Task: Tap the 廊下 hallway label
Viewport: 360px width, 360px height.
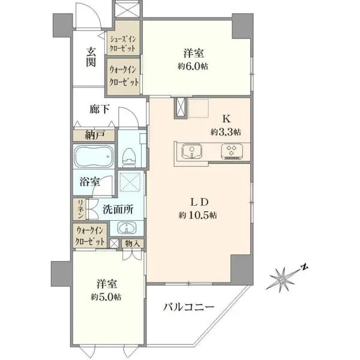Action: coord(99,109)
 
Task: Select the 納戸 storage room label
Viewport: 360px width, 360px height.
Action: coord(95,135)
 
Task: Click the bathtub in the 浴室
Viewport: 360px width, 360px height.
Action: coord(94,157)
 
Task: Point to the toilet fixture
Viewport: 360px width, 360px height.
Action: coord(129,157)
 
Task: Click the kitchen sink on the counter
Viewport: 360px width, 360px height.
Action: coord(192,152)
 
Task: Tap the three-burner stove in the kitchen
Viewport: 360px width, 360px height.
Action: coord(232,152)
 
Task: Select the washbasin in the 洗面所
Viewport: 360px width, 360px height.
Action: coord(127,228)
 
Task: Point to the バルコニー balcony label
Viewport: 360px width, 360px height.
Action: coord(189,307)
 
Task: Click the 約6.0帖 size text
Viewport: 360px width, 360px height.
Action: coord(193,67)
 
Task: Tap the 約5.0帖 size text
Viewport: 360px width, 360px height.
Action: coord(106,298)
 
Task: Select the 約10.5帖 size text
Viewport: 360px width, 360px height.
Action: coord(197,215)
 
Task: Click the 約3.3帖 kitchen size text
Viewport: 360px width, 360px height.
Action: coord(226,132)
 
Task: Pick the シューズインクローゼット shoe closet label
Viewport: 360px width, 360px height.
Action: coord(123,44)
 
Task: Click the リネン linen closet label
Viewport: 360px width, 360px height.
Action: coord(81,209)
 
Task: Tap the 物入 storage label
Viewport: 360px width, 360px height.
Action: coord(133,244)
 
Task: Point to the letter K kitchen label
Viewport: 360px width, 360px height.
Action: coord(226,119)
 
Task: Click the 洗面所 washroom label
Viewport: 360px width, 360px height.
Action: coord(118,209)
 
